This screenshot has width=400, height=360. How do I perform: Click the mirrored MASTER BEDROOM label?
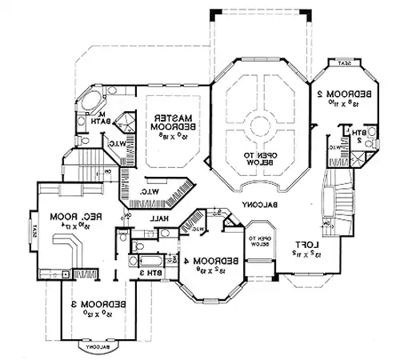[x=169, y=122]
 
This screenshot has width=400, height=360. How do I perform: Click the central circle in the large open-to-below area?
[x=260, y=125]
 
